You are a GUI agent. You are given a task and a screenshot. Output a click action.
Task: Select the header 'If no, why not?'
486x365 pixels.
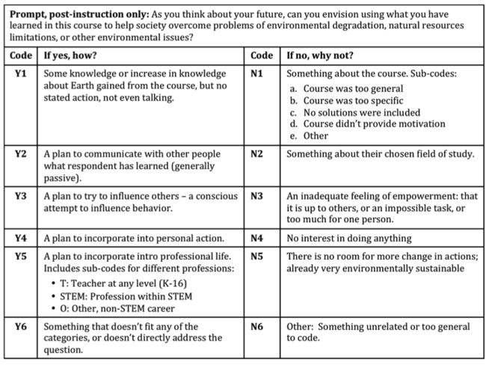[x=322, y=55]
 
